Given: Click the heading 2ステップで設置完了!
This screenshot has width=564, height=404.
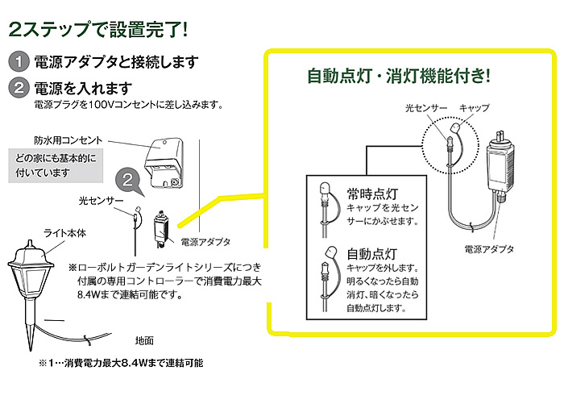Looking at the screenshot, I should click(97, 29).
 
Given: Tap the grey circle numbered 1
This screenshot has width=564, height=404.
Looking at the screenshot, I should click(18, 63).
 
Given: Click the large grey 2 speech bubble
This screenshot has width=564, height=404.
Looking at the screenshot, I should click(126, 181).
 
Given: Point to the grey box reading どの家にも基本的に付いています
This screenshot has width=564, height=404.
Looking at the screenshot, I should click(56, 165).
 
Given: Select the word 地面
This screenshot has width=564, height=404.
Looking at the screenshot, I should click(144, 339).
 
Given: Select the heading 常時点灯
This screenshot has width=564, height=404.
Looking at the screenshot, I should click(370, 194).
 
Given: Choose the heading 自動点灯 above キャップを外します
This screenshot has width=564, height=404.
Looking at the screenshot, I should click(370, 252).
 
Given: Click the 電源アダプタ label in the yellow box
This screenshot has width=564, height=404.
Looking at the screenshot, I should click(489, 248).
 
